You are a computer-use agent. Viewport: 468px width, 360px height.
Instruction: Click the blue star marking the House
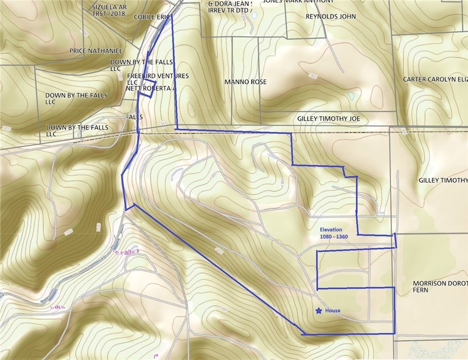coord(319,310)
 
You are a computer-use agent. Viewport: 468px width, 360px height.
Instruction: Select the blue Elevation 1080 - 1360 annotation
coord(334,233)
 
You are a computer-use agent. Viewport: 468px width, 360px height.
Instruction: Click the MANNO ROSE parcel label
coord(245,82)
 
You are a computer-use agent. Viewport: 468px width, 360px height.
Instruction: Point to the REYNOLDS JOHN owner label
coord(331,16)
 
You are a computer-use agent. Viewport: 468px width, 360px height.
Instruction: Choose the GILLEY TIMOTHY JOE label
coord(328,119)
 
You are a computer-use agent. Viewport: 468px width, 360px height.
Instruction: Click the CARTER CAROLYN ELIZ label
coord(435,80)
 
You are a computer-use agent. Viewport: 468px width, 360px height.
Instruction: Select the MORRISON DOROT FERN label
coord(440,287)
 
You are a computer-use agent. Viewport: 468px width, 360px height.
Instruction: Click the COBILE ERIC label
coord(151,17)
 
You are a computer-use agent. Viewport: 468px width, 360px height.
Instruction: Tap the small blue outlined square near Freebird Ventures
coord(148,89)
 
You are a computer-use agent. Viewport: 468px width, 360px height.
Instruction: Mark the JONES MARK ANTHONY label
coord(299,1)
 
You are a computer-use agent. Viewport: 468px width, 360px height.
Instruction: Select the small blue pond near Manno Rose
coord(351,96)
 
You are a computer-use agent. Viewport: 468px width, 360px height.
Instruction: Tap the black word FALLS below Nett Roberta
coord(134,116)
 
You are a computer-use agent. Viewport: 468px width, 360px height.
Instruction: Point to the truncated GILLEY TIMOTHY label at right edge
coord(443,180)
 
